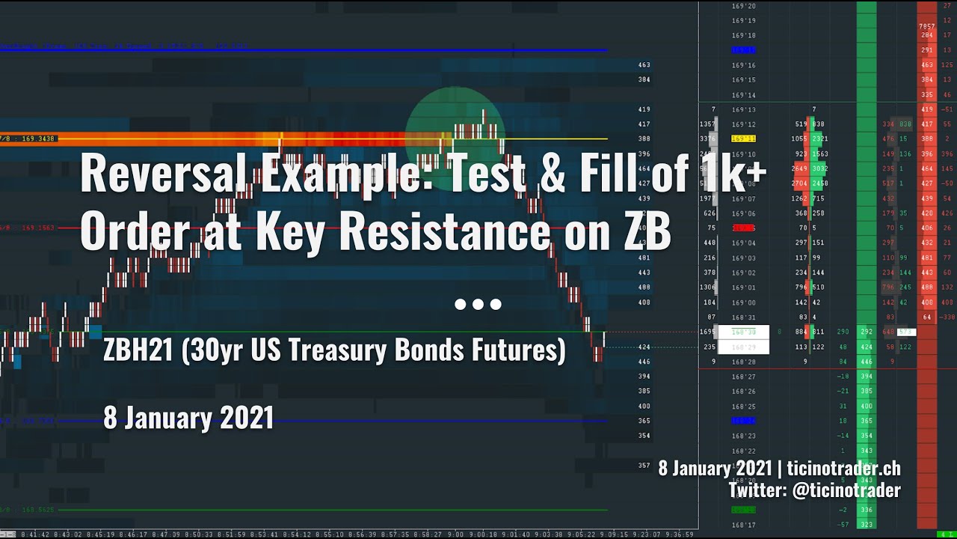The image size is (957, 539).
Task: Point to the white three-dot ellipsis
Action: (x=478, y=304)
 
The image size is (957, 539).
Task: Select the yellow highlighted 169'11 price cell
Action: (x=743, y=138)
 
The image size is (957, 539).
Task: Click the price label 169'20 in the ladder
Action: (x=743, y=6)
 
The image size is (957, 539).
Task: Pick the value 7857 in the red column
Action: (x=927, y=27)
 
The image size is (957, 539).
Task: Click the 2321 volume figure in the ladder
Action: (x=819, y=138)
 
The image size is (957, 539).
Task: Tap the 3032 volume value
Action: (x=819, y=168)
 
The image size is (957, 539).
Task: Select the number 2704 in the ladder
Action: (x=799, y=183)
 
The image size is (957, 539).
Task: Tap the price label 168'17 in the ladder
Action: (x=743, y=525)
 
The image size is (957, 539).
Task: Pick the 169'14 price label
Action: (x=743, y=95)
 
